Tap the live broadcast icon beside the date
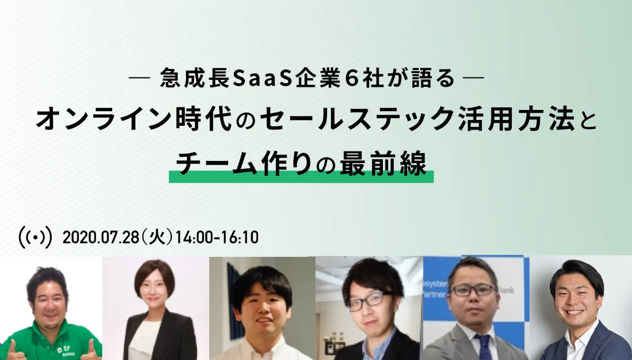(x=35, y=237)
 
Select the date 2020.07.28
(x=101, y=237)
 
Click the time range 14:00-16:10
(x=217, y=237)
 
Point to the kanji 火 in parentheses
(x=157, y=237)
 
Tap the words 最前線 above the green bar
(x=383, y=164)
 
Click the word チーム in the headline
(x=216, y=164)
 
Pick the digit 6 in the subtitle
(x=345, y=78)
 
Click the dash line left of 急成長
(x=139, y=77)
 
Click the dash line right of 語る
(x=473, y=77)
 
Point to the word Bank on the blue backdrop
(x=506, y=289)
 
